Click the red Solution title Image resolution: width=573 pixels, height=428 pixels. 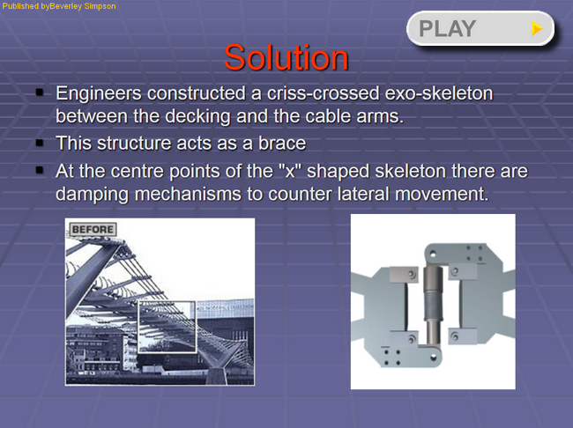coord(286,58)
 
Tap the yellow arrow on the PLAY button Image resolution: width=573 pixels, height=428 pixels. coord(537,28)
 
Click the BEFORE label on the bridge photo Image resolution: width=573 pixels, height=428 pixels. coord(93,229)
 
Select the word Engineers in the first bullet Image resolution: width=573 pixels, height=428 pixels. coord(99,94)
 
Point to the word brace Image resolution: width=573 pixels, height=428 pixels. coord(282,144)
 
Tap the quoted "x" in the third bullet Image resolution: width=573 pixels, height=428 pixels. coord(290,171)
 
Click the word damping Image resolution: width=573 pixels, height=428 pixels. coord(92,195)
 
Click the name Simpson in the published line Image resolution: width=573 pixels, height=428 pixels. coord(100,6)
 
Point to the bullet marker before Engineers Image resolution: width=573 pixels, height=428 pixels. coord(40,92)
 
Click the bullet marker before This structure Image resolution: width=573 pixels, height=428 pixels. coord(40,143)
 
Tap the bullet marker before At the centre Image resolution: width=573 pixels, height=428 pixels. coord(40,170)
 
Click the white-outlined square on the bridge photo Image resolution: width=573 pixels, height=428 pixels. coord(138,327)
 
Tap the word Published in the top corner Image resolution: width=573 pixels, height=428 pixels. coord(20,6)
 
